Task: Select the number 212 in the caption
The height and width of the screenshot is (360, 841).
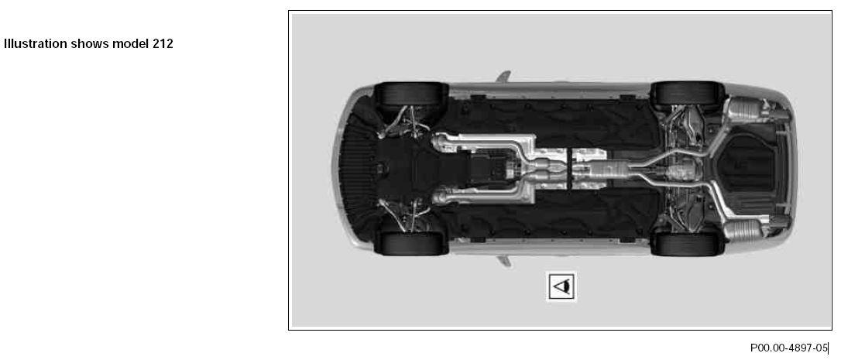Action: tap(163, 44)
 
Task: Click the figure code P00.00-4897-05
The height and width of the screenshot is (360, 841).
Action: tap(789, 348)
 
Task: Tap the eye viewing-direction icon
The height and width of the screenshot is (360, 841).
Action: tap(561, 286)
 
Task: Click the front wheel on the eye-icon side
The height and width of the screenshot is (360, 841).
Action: tap(411, 243)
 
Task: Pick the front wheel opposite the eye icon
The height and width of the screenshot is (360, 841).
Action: tap(411, 94)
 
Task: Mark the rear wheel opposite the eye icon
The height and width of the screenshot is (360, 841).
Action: tap(687, 94)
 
